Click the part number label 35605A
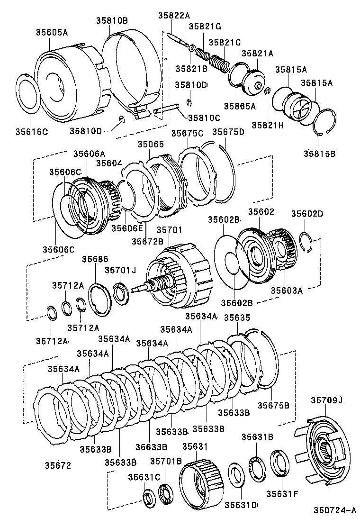point(52,32)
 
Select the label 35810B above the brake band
point(112,21)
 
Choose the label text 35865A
point(240,106)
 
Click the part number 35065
point(150,144)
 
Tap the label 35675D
point(228,132)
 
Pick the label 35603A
point(287,290)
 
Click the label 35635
point(236,317)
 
